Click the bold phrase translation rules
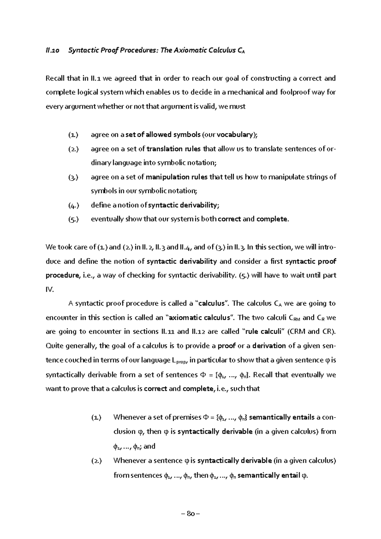[x=174, y=149]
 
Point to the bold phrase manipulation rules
[x=177, y=177]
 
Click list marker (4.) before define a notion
[x=73, y=205]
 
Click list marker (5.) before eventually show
[x=73, y=219]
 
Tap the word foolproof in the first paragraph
[x=294, y=92]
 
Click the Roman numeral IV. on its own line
[x=50, y=289]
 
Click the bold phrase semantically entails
[x=282, y=417]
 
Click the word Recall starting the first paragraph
[x=55, y=78]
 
